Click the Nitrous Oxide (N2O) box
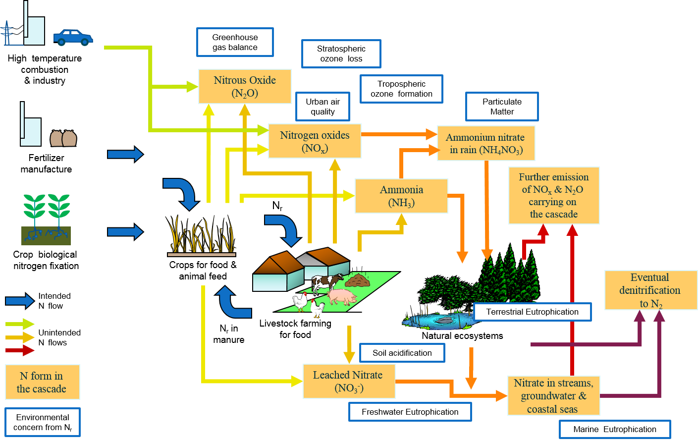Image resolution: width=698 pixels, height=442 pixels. click(x=245, y=87)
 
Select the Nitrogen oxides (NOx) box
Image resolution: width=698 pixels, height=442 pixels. click(x=315, y=141)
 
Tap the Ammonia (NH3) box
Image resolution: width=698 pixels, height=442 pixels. click(x=401, y=196)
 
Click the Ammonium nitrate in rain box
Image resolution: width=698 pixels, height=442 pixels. click(x=486, y=144)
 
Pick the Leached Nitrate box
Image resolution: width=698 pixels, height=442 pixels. click(x=349, y=382)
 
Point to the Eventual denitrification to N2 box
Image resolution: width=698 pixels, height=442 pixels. click(x=650, y=290)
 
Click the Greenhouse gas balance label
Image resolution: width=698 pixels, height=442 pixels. click(x=235, y=42)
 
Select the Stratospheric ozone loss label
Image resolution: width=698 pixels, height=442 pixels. click(x=341, y=54)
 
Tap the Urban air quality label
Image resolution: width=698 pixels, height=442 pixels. click(x=322, y=107)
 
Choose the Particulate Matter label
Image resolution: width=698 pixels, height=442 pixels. click(x=502, y=107)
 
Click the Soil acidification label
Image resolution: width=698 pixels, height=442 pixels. click(x=402, y=353)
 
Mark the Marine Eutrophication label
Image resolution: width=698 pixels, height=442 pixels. click(x=614, y=429)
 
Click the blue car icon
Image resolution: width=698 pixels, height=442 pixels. click(x=73, y=38)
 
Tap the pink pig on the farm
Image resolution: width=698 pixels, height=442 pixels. click(x=342, y=297)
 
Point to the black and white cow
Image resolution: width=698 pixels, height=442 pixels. click(x=326, y=283)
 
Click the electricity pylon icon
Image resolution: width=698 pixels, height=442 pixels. click(x=7, y=33)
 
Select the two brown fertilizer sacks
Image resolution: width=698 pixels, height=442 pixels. click(x=63, y=138)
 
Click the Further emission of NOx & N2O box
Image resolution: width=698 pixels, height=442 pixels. click(x=554, y=196)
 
